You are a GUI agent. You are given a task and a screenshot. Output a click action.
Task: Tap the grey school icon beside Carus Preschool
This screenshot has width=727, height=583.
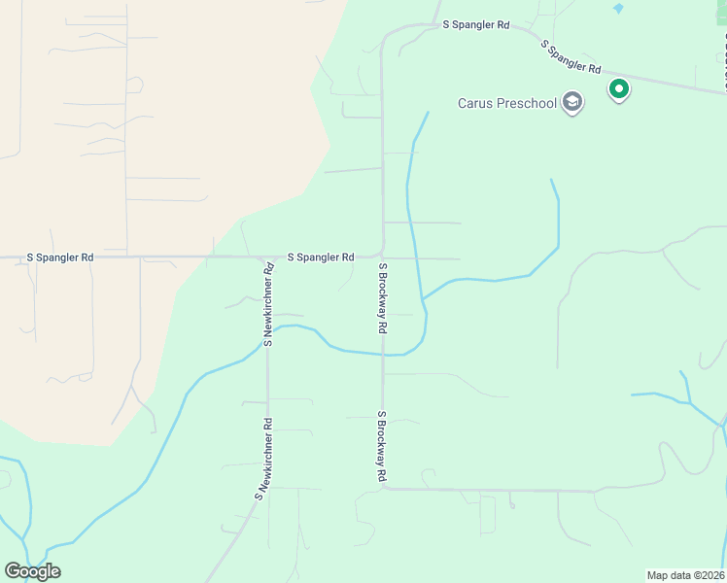point(573,103)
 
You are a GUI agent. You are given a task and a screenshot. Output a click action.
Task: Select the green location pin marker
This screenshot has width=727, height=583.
point(618,90)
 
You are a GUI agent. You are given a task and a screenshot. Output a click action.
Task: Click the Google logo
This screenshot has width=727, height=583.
point(32,571)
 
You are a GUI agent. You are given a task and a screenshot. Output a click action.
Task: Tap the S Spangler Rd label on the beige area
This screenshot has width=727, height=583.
point(60,257)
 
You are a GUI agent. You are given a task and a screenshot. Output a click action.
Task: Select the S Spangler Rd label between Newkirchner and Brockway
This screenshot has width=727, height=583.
point(321,257)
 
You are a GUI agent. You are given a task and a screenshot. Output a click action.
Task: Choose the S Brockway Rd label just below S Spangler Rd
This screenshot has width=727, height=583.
point(383,298)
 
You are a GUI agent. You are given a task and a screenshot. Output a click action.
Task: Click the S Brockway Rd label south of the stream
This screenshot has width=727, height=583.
point(383,446)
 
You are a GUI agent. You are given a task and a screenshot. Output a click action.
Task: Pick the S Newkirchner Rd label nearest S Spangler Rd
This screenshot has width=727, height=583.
point(269,305)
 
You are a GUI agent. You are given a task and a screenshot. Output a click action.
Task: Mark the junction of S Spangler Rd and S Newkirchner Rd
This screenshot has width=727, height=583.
point(266,258)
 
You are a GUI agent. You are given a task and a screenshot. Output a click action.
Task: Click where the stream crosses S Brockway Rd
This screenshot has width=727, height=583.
point(383,355)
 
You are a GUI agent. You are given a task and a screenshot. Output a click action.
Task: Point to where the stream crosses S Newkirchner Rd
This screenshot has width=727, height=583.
point(267,336)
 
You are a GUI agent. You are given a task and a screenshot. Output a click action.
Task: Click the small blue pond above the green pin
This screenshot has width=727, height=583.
point(618,9)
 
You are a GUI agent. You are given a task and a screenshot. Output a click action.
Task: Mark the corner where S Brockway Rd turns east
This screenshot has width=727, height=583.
point(385,488)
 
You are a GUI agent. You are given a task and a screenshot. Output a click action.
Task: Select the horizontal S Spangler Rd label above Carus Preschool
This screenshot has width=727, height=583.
point(475,24)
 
